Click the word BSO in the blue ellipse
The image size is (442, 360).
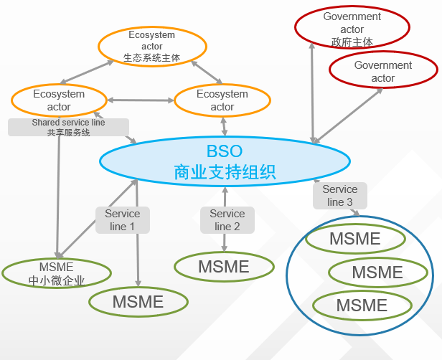[225, 151]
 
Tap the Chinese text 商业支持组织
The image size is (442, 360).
[225, 172]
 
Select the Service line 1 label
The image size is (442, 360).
[123, 219]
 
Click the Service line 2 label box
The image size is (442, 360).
[227, 219]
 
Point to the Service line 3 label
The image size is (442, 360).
[340, 196]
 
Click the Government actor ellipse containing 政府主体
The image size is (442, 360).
[352, 29]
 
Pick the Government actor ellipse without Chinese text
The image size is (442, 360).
[382, 71]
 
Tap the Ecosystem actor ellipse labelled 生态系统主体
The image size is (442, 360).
[151, 46]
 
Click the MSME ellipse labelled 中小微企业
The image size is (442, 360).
[57, 273]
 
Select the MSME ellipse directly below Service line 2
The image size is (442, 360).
[224, 267]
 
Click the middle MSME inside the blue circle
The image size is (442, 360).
[377, 273]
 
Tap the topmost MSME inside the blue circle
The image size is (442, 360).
[354, 239]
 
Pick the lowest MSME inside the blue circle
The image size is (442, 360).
[362, 305]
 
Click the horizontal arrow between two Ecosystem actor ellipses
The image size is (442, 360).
[141, 100]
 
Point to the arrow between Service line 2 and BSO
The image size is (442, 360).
[225, 195]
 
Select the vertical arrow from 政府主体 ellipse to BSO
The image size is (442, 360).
[312, 93]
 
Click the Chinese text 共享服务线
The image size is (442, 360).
[68, 132]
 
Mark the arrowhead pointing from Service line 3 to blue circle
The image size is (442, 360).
[357, 212]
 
